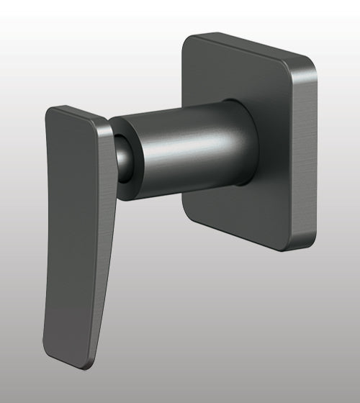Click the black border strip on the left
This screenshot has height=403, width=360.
(x=2, y=201)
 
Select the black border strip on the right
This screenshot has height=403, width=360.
(x=357, y=201)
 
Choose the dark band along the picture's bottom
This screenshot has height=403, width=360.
(x=180, y=400)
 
